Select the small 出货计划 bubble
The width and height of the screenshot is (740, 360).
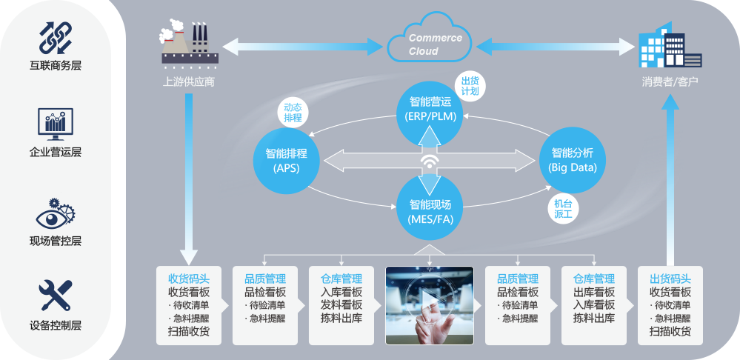coord(470,86)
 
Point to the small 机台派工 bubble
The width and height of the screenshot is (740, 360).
coord(563,208)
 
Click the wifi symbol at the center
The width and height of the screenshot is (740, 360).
coord(430,161)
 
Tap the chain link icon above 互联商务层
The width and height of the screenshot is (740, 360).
coord(55,37)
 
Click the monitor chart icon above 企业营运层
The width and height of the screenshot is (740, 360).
coord(55,124)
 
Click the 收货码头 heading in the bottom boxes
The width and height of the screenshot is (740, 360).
coord(189,279)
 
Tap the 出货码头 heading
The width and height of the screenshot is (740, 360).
coord(670,279)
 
